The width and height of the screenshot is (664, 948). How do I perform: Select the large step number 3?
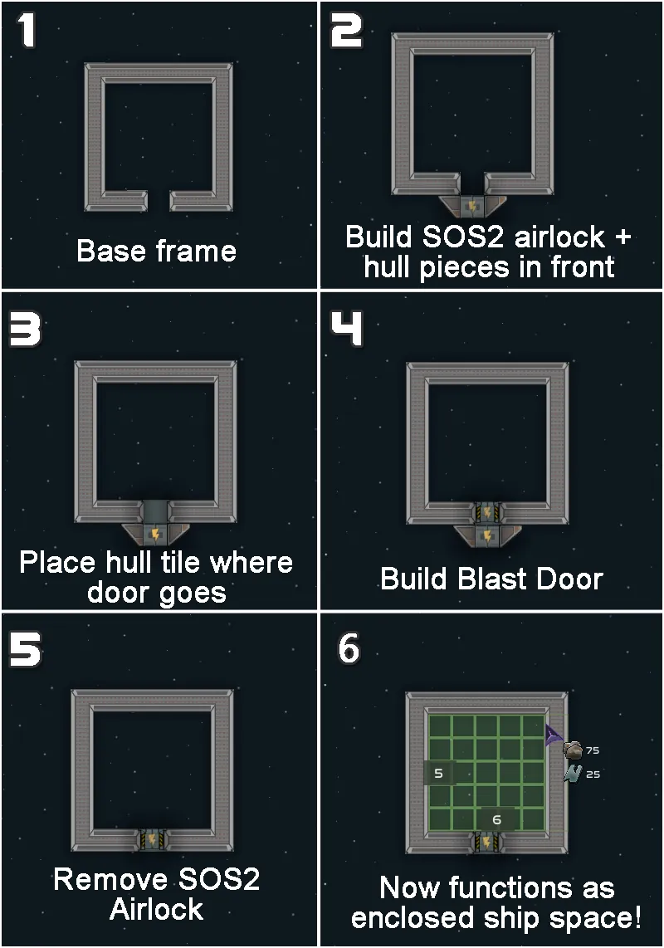tap(25, 330)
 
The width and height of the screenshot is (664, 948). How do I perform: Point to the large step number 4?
tap(346, 329)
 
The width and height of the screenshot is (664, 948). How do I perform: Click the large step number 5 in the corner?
tap(26, 650)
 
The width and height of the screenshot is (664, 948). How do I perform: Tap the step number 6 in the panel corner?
tap(349, 648)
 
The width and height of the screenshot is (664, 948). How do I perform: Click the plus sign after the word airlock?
tap(622, 237)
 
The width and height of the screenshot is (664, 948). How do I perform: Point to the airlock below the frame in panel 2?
tap(471, 206)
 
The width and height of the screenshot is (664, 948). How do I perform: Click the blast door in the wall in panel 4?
tap(487, 513)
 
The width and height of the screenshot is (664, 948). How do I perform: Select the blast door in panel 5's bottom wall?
tap(153, 839)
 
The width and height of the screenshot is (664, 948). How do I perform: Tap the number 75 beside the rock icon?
tap(593, 750)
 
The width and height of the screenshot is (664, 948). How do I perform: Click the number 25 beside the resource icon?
tap(593, 774)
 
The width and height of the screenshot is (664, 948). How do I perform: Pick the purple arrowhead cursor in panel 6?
tap(553, 735)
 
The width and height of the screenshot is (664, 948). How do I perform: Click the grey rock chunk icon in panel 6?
tap(573, 750)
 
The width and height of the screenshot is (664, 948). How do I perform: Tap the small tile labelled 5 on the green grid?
tap(439, 773)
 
